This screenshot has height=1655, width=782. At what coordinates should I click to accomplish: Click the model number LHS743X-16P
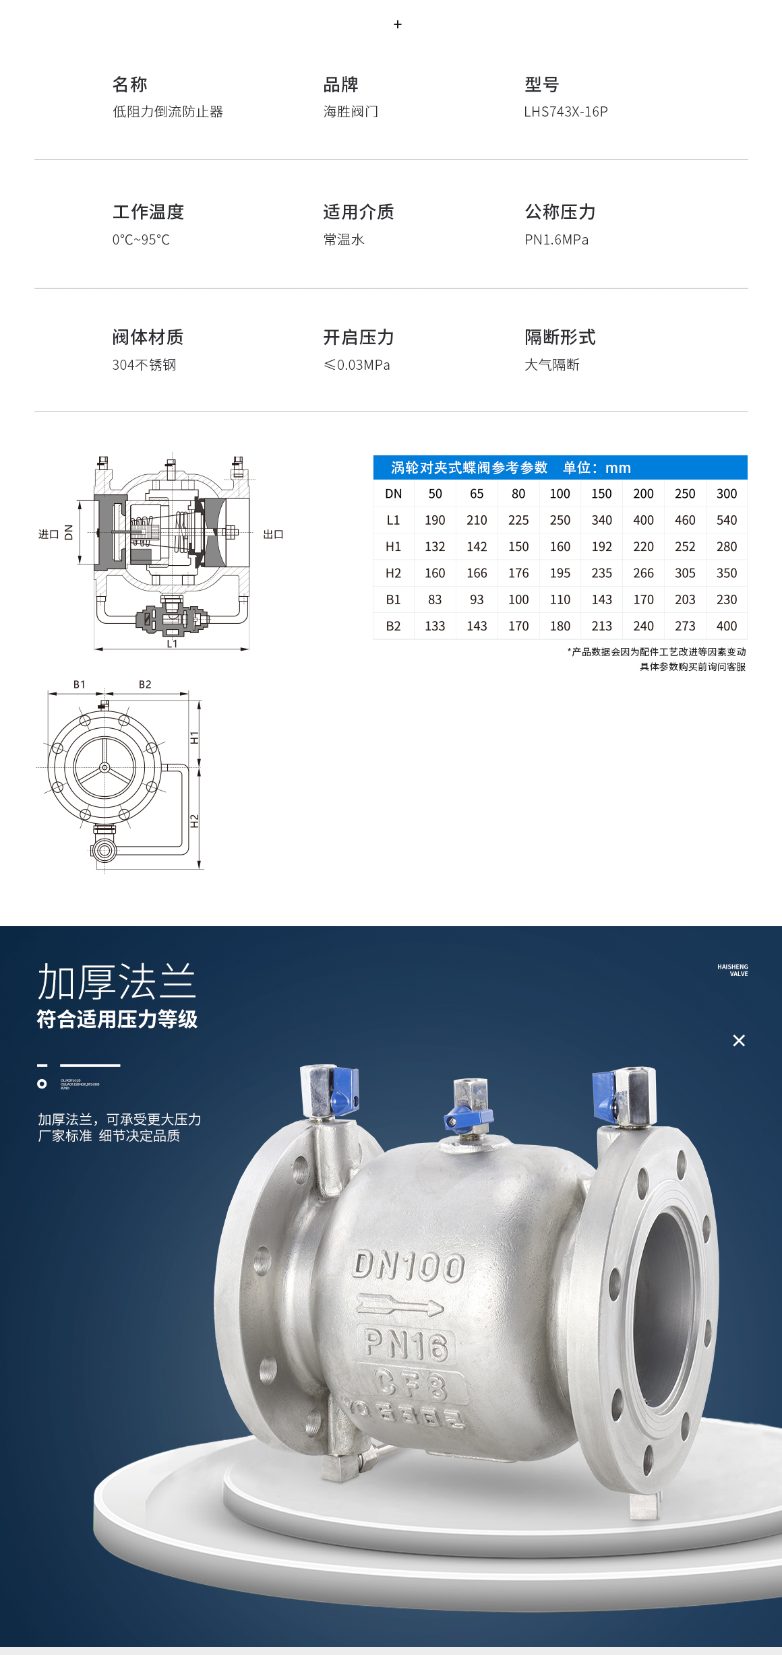point(566,112)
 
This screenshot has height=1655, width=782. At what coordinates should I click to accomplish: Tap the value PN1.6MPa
point(556,240)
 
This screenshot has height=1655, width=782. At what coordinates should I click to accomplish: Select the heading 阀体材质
point(148,337)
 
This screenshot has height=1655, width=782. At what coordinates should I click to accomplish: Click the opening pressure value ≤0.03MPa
point(357,365)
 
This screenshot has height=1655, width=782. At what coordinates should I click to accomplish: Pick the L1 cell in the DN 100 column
point(560,520)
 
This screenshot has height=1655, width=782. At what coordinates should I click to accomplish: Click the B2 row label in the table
point(393,626)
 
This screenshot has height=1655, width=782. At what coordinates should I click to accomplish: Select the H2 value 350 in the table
point(726,573)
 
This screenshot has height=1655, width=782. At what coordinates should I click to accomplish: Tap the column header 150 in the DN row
point(601,494)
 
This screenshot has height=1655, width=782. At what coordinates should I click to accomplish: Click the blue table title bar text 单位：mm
point(597,467)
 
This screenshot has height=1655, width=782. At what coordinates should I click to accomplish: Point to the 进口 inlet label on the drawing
point(49,534)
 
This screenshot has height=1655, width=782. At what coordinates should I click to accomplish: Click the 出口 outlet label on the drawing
point(273,534)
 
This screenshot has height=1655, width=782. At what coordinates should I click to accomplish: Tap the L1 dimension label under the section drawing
point(172,644)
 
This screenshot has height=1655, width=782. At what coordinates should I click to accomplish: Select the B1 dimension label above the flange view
point(80,684)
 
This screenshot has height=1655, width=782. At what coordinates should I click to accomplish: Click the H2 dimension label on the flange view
point(195,821)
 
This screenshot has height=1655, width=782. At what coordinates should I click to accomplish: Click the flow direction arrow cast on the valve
point(399,1305)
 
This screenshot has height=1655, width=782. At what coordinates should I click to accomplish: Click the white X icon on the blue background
point(739,1041)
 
